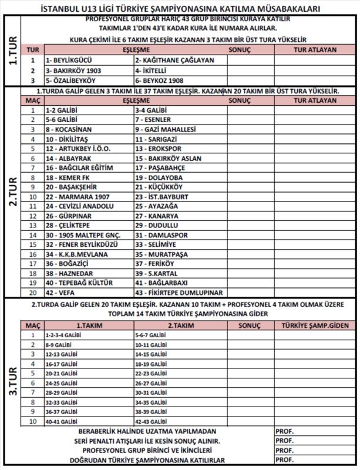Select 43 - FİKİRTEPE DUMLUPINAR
[x=179, y=292]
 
